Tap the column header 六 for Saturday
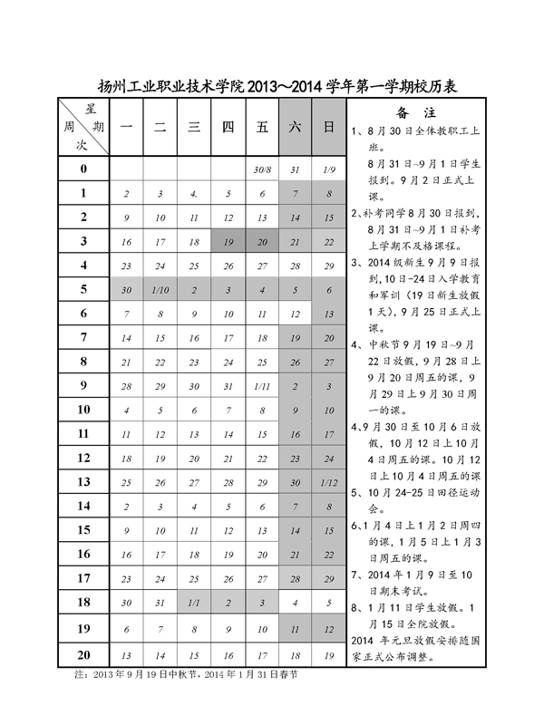pos(295,128)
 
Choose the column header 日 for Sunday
pos(327,128)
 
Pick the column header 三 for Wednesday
pos(193,128)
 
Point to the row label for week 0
pos(83,169)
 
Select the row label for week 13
pos(83,481)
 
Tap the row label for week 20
pos(83,654)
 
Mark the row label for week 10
pos(83,410)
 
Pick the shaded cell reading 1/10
pos(160,290)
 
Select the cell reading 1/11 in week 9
pos(263,386)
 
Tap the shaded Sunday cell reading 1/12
pos(327,482)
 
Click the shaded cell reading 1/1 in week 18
pos(193,603)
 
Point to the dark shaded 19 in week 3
pos(228,242)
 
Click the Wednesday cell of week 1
pos(193,194)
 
